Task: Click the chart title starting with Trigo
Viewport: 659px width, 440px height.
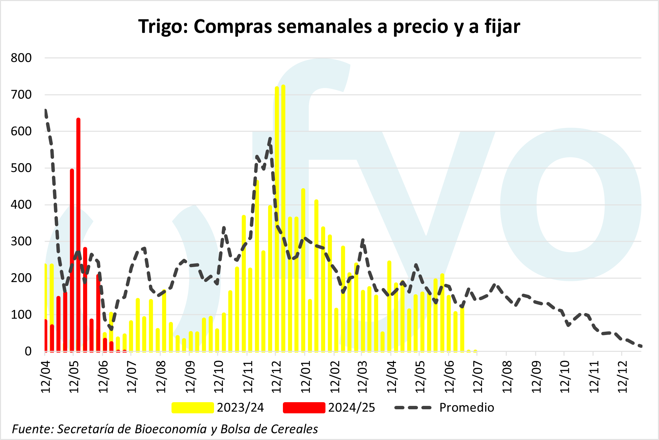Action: [x=329, y=26]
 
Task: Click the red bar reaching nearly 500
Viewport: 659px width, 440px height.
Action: [x=72, y=260]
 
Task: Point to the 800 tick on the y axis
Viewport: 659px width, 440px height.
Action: [x=21, y=58]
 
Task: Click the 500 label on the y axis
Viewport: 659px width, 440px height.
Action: [x=21, y=168]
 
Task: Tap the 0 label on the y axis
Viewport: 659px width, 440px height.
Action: [x=28, y=351]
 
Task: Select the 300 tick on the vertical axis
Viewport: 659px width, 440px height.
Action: [x=21, y=241]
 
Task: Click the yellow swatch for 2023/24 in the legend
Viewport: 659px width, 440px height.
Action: [x=192, y=408]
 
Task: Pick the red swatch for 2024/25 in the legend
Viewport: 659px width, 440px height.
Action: [x=304, y=408]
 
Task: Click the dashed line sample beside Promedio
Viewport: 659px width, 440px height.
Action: [x=413, y=408]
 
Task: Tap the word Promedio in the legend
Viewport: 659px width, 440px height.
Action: [x=467, y=408]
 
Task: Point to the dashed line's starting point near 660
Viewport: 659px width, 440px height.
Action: [x=46, y=110]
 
